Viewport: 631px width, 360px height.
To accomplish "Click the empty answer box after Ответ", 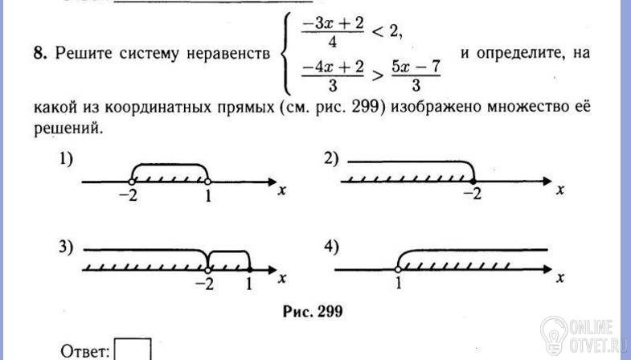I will pyautogui.click(x=133, y=351).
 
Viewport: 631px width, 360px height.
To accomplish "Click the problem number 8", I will pyautogui.click(x=38, y=54).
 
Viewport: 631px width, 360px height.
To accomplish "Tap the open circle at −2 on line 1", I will pyautogui.click(x=131, y=182).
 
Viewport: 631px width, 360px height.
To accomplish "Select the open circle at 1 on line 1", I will pyautogui.click(x=208, y=182).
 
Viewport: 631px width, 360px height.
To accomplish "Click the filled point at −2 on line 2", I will pyautogui.click(x=472, y=182).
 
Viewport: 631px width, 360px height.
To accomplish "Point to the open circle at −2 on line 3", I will pyautogui.click(x=207, y=268).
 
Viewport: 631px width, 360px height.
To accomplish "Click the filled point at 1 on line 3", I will pyautogui.click(x=249, y=268).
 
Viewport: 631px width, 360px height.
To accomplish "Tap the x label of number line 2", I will pyautogui.click(x=559, y=190).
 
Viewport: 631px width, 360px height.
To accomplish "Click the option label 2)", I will pyautogui.click(x=333, y=159).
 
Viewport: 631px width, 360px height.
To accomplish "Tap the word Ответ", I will pyautogui.click(x=85, y=351).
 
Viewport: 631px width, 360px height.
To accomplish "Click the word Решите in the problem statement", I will pyautogui.click(x=85, y=54).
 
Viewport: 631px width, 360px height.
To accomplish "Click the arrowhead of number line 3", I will pyautogui.click(x=272, y=269).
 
